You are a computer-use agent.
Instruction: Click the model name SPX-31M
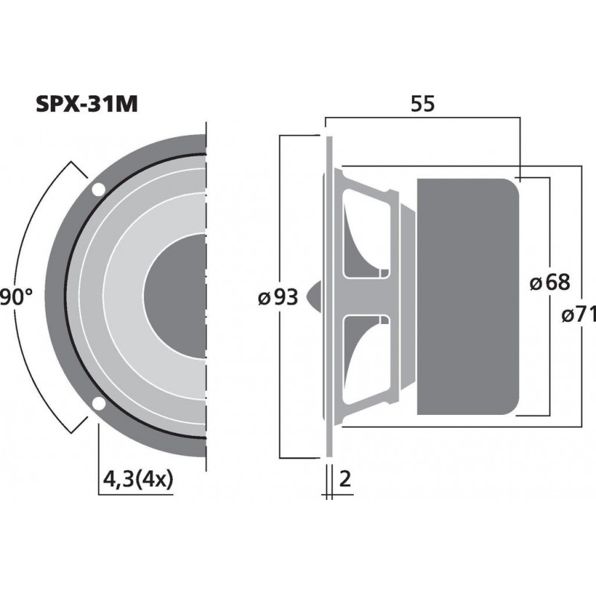tap(86, 104)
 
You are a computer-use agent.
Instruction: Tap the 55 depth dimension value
tap(422, 105)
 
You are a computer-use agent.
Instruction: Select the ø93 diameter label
tap(278, 297)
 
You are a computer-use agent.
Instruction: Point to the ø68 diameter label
tap(549, 282)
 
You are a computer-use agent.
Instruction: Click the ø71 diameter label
tap(581, 315)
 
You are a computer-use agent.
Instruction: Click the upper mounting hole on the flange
tap(98, 189)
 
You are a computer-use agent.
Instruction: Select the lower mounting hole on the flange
tap(98, 404)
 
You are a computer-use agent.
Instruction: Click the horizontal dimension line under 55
tap(422, 118)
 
